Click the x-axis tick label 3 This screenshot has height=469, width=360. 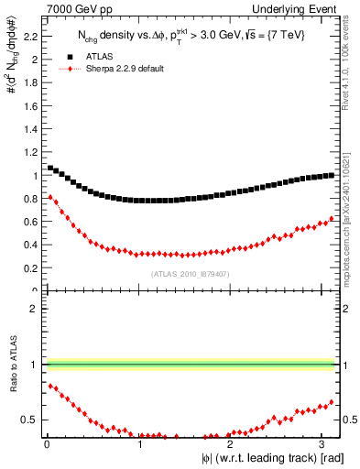(x=322, y=443)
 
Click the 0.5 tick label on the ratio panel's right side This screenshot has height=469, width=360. (x=348, y=420)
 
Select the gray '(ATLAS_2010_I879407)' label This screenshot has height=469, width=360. (x=190, y=273)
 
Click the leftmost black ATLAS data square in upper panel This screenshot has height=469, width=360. (x=50, y=168)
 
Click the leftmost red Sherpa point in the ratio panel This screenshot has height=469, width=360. (x=50, y=386)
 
